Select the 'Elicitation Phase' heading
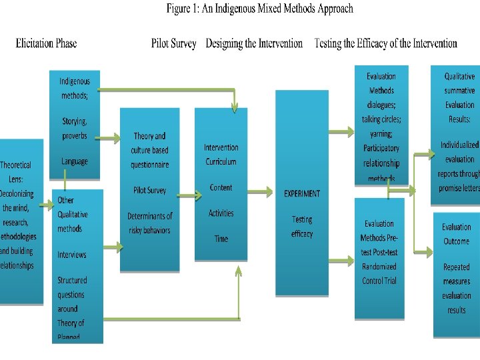46,44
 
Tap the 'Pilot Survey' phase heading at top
173,44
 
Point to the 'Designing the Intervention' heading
254,44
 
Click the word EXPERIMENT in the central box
302,194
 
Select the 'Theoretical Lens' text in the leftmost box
15,171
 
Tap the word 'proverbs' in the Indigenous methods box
74,135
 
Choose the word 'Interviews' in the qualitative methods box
71,255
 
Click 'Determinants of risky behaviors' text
150,223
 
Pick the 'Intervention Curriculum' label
221,155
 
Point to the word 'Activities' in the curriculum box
221,213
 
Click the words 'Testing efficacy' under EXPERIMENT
301,227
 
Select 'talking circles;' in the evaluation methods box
381,119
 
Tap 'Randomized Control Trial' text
379,274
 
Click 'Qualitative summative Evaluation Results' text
459,98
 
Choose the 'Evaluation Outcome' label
456,234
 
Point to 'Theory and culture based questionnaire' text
150,150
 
